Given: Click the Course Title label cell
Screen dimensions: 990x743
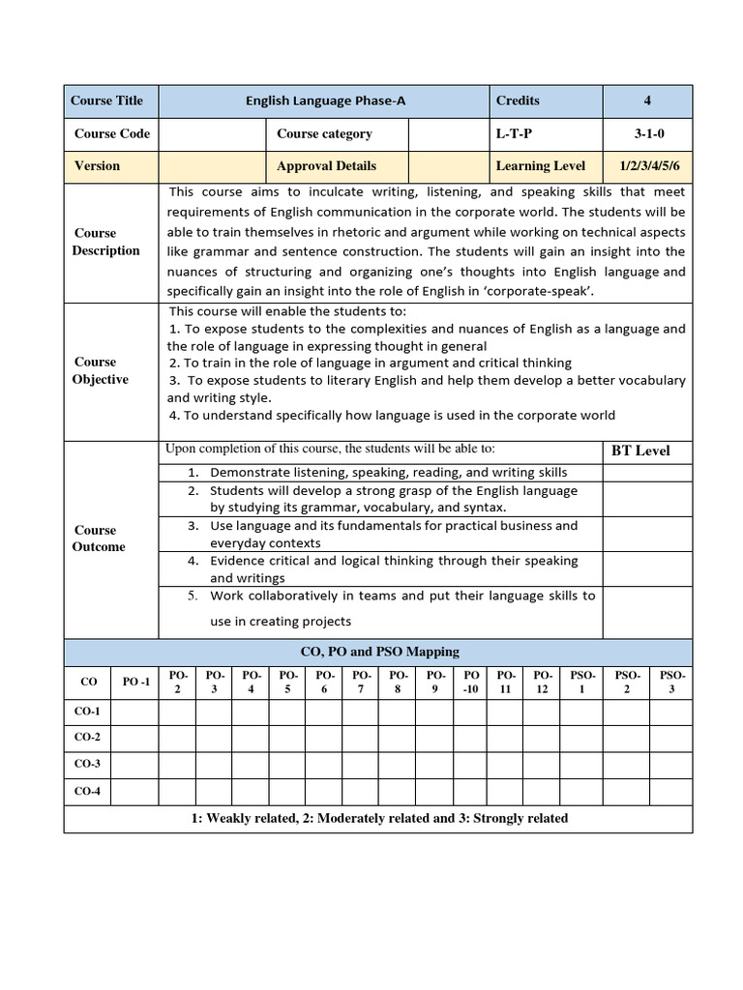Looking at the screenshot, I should [x=106, y=101].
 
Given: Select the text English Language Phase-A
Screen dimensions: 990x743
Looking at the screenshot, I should [x=323, y=101].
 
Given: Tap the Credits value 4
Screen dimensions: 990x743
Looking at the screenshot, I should [x=647, y=101].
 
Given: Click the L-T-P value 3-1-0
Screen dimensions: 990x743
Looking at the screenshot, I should [x=647, y=133].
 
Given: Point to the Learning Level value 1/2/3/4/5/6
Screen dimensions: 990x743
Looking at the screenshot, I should [x=647, y=165].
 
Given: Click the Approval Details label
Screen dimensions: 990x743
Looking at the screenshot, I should [x=326, y=165].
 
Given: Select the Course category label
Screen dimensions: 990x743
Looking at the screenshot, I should [x=324, y=133].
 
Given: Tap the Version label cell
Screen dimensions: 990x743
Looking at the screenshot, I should [x=97, y=165].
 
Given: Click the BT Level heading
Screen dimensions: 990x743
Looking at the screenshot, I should [x=640, y=451].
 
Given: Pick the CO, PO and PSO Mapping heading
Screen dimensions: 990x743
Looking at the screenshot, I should [x=379, y=652].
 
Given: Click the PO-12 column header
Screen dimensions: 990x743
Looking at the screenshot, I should [x=543, y=682].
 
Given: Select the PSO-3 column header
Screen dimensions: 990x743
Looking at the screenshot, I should [x=672, y=682].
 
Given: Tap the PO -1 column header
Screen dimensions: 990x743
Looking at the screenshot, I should [x=136, y=682].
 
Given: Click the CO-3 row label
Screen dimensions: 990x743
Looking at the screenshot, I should [x=88, y=764].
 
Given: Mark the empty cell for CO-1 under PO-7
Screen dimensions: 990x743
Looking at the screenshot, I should [x=360, y=713].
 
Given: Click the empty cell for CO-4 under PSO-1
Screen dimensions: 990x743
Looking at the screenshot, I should [x=582, y=791].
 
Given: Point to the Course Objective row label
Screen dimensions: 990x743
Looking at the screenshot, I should [x=100, y=370].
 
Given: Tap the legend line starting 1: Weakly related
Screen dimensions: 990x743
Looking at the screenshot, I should [x=379, y=818].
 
